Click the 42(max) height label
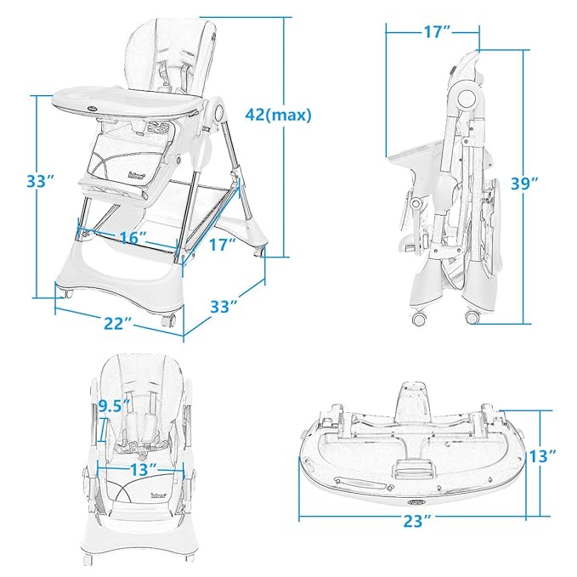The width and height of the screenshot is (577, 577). tap(278, 114)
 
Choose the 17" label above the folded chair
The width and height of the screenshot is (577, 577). tap(433, 32)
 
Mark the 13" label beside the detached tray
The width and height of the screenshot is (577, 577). tap(543, 456)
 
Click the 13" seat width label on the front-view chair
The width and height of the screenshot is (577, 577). tap(142, 468)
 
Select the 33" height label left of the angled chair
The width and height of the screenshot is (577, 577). tap(40, 181)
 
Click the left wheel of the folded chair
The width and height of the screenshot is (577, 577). tap(418, 318)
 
